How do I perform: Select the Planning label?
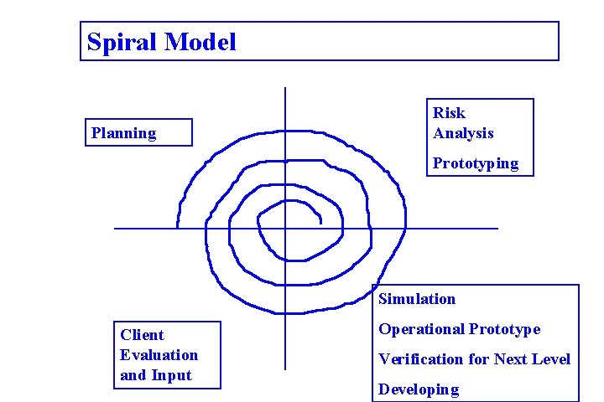tap(123, 133)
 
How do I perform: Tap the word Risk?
tap(449, 113)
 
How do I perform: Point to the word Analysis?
tap(463, 133)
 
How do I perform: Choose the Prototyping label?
tap(476, 163)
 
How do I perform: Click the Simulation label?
tap(417, 299)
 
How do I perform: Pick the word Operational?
tap(421, 329)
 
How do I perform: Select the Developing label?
tap(419, 389)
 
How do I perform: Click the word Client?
tap(142, 335)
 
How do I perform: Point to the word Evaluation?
tap(159, 355)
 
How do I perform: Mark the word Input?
tap(173, 375)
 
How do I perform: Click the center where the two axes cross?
tap(285, 228)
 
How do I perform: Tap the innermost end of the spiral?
tap(321, 222)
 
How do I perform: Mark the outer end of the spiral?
tap(177, 227)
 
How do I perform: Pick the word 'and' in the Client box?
tap(133, 375)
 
